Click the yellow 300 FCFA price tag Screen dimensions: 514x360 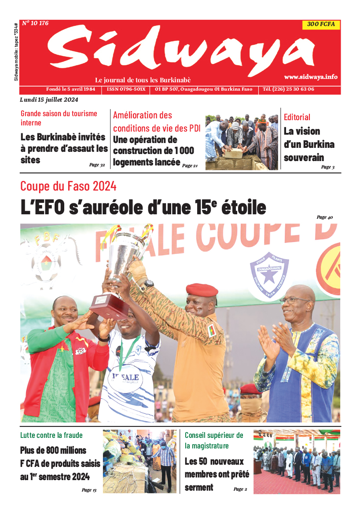pos(321,25)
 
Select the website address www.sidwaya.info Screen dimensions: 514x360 pos(311,77)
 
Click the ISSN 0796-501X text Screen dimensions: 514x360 pos(126,89)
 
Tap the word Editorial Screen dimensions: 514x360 pos(297,117)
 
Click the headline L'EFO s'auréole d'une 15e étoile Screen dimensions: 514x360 pos(143,207)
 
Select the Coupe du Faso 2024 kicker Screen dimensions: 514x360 pos(68,186)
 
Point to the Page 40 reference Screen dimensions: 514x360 pos(325,217)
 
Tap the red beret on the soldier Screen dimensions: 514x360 pos(202,290)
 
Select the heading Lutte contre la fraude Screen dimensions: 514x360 pos(51,435)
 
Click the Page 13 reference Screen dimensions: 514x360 pos(89,490)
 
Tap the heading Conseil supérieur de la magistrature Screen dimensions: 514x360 pos(214,440)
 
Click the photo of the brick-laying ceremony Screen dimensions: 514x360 pos(242,142)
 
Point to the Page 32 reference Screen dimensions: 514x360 pos(97,165)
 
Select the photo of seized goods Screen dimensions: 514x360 pos(140,461)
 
